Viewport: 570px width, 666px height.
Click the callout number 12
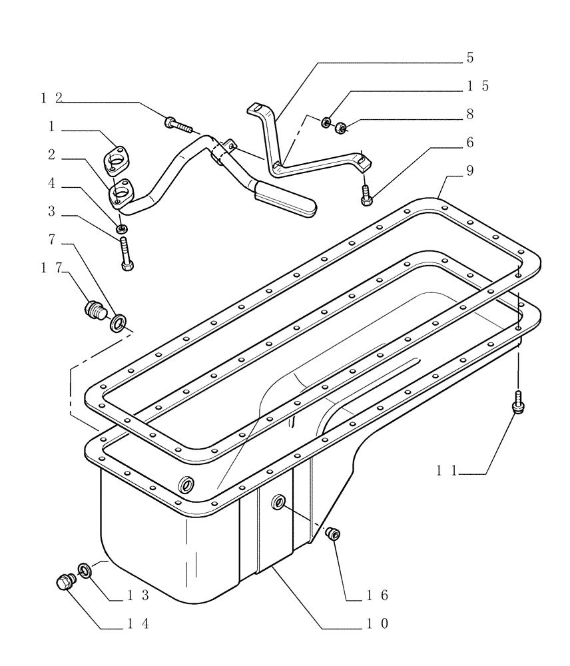(x=51, y=98)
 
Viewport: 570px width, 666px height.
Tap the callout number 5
(x=469, y=58)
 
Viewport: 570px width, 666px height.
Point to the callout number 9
(x=469, y=171)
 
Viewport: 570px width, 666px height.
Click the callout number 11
(x=445, y=471)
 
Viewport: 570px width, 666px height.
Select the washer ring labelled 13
(x=85, y=569)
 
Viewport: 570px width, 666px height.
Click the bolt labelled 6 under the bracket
(x=366, y=194)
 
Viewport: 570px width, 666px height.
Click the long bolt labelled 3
(x=127, y=254)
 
